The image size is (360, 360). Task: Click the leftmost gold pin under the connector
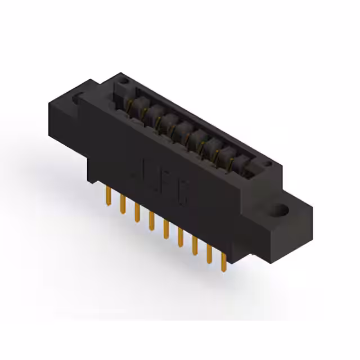pos(107,197)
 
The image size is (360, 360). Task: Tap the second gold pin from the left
pos(121,205)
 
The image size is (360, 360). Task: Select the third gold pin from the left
pos(136,212)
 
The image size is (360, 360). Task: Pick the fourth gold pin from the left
pos(151,220)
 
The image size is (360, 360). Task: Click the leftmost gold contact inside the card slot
pos(135,103)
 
